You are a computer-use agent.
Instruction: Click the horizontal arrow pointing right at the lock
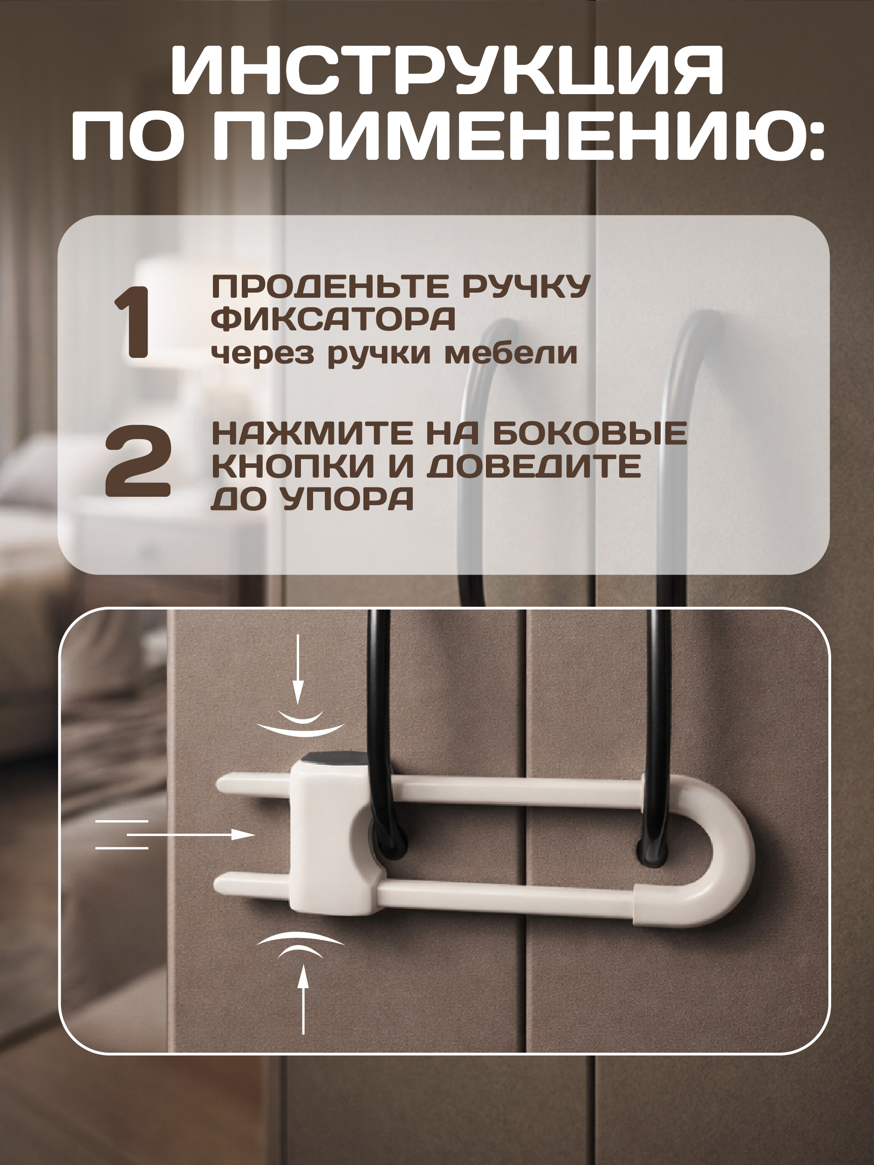pos(190,835)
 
